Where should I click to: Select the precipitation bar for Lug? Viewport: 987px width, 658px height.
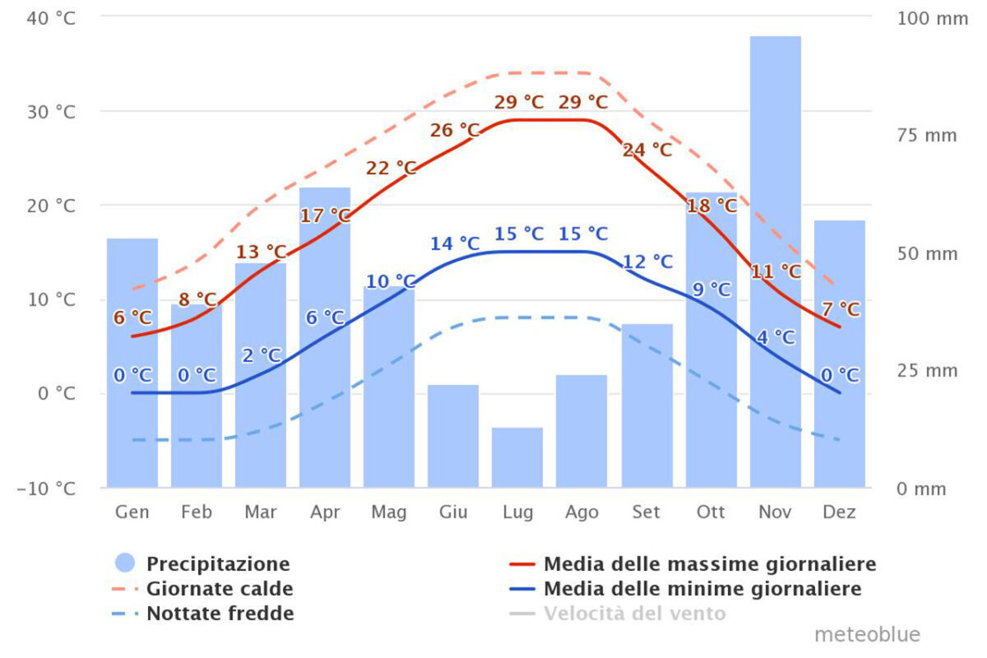(517, 457)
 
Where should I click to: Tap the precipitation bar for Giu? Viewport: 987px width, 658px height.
(453, 436)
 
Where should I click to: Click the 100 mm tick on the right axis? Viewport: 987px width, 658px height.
(932, 17)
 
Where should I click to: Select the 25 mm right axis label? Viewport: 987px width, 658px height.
(927, 371)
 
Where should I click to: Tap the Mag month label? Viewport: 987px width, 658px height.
(389, 512)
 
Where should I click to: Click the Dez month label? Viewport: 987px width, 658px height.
(840, 512)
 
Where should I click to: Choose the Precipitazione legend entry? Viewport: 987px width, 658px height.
(218, 564)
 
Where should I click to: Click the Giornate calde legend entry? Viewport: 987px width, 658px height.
(220, 589)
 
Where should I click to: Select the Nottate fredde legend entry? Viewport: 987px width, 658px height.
(220, 614)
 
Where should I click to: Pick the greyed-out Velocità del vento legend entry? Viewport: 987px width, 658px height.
(634, 614)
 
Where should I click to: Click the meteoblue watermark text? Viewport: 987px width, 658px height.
(867, 635)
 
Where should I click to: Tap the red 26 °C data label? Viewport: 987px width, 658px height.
(455, 131)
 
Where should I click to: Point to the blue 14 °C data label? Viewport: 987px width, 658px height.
(455, 243)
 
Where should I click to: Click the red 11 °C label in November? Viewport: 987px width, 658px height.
(776, 271)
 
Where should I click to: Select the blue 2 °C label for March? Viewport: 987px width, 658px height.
(262, 355)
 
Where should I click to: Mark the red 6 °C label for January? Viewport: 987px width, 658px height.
(132, 317)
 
